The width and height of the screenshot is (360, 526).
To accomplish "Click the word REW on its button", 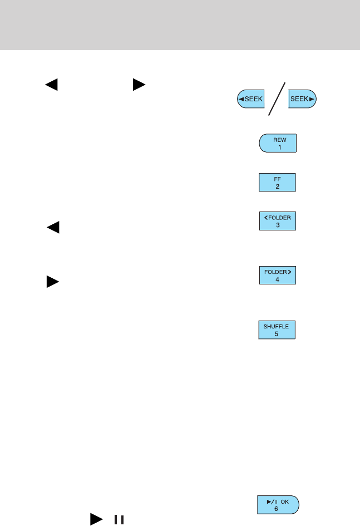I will tap(278, 139).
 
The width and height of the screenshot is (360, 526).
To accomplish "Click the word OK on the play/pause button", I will tap(285, 502).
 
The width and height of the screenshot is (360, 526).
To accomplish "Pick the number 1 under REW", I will tap(278, 147).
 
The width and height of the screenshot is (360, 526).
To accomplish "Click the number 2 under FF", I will tap(278, 188).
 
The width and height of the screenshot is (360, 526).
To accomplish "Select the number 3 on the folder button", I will tap(278, 225).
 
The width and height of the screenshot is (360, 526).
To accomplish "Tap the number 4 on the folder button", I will tap(278, 279).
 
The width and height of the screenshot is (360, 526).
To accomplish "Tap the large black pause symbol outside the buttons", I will tap(118, 520).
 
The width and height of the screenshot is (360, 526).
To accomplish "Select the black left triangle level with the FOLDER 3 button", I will tap(53, 227).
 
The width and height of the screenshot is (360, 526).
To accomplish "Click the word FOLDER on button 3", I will tap(279, 218).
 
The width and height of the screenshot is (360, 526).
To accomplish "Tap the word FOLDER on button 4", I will tap(275, 272).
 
